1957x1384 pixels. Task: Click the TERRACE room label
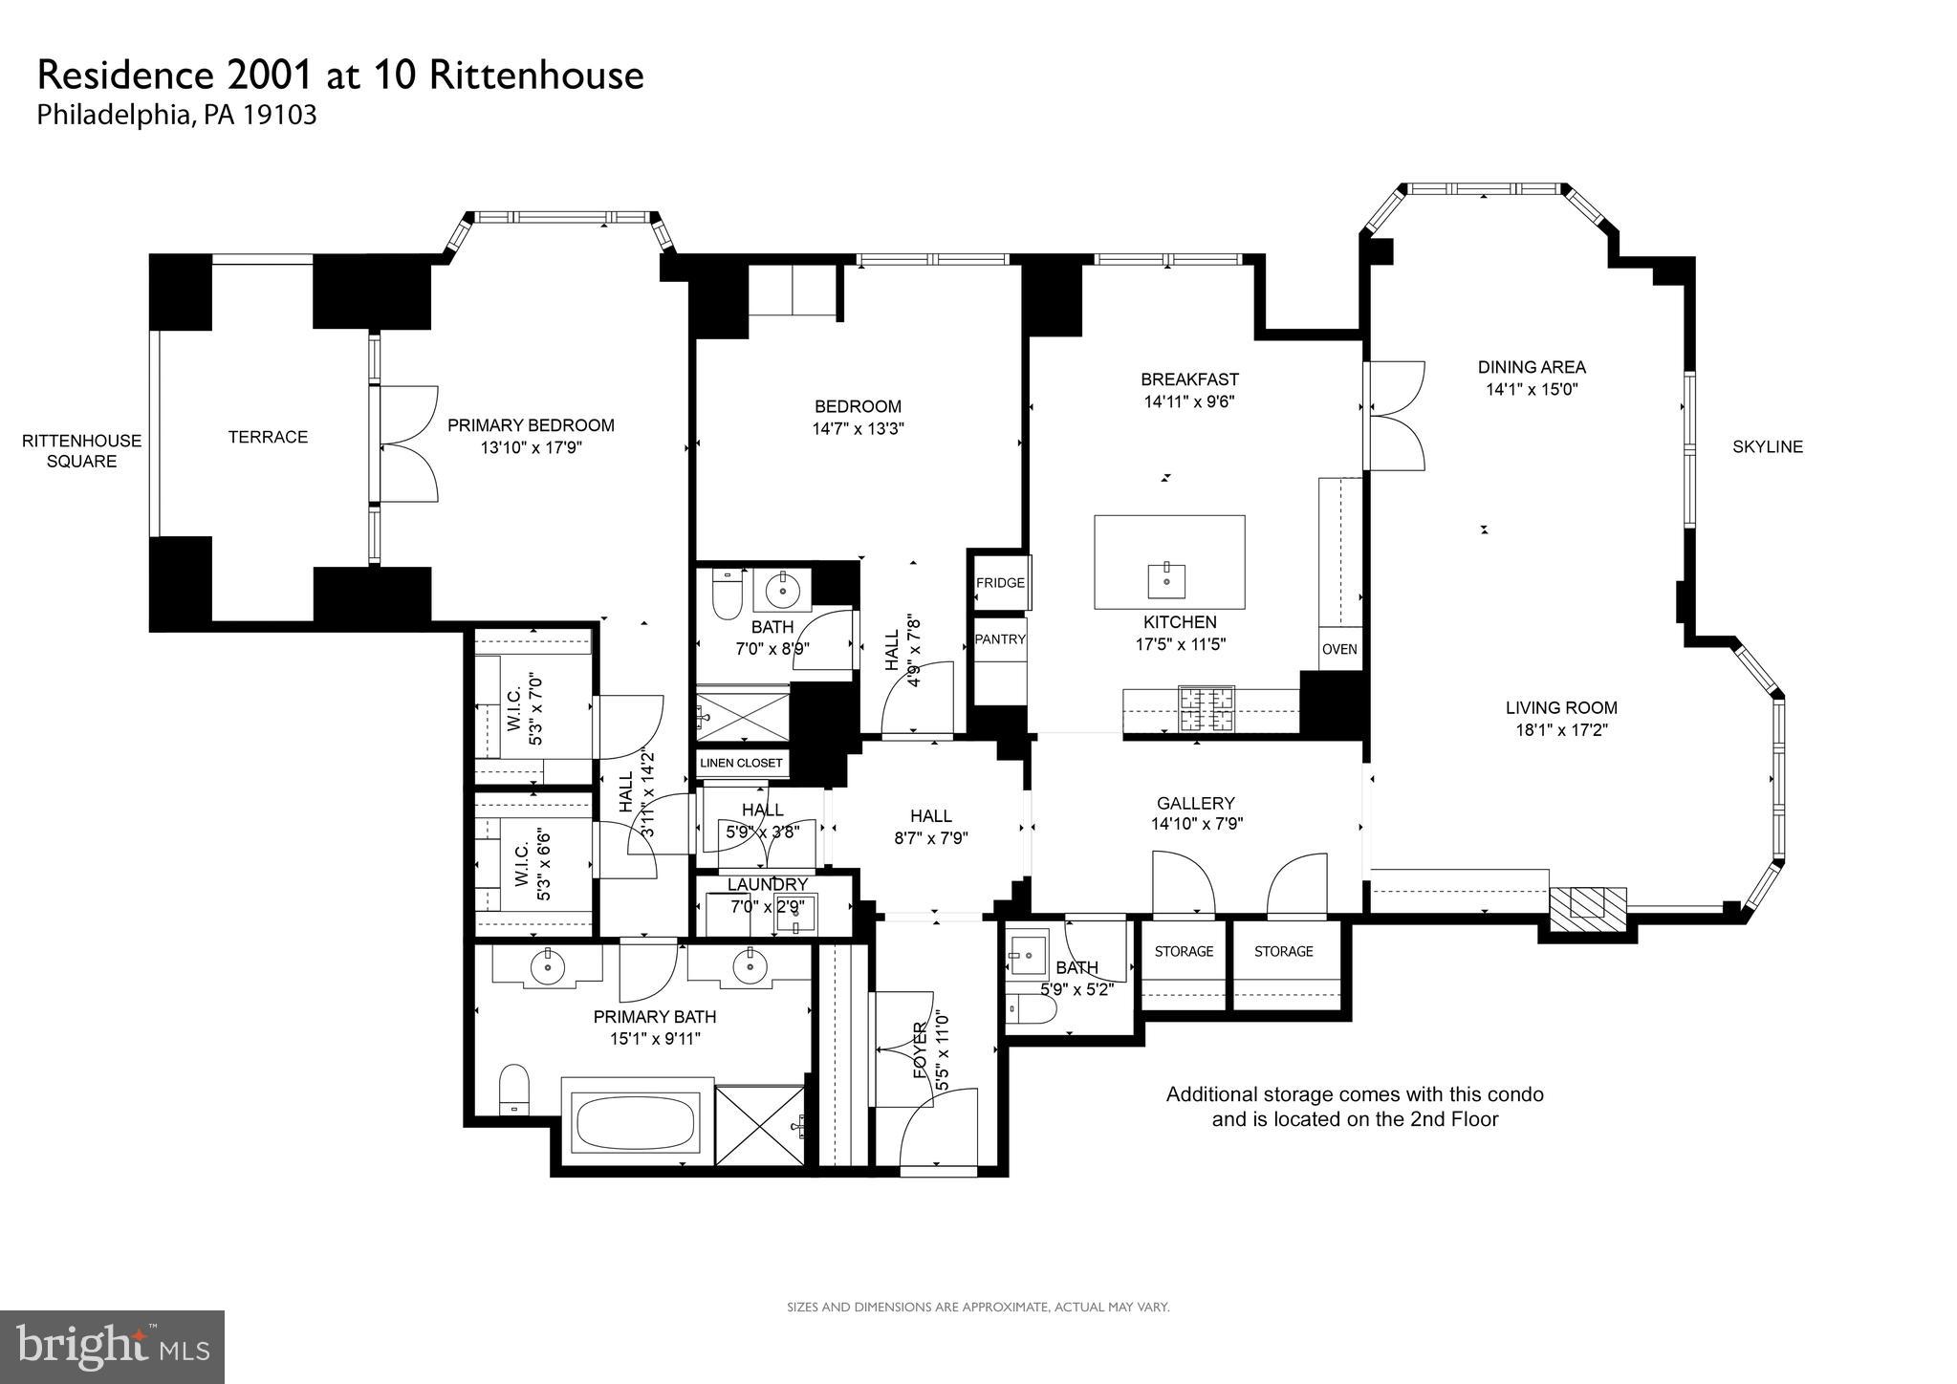[x=268, y=437]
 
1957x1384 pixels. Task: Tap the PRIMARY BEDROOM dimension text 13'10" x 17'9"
[x=531, y=446]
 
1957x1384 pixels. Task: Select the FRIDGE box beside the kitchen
[x=1000, y=583]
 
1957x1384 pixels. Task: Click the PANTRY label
[x=1000, y=639]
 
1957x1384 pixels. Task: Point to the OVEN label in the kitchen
[x=1339, y=649]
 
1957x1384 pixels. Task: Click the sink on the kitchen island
[x=1166, y=579]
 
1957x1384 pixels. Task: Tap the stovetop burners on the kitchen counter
[x=1206, y=709]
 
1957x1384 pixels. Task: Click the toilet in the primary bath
[x=514, y=1089]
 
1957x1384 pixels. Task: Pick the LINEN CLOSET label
[x=741, y=763]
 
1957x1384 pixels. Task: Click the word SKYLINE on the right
[x=1768, y=446]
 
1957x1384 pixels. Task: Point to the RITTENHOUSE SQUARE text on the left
[x=81, y=451]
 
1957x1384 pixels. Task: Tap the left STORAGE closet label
[x=1184, y=951]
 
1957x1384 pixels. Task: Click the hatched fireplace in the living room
[x=1587, y=903]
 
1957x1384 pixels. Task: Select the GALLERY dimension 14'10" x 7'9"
[x=1197, y=824]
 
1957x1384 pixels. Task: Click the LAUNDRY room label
[x=768, y=884]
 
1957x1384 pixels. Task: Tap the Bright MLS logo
[x=112, y=1347]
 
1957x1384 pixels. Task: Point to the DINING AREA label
[x=1532, y=367]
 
